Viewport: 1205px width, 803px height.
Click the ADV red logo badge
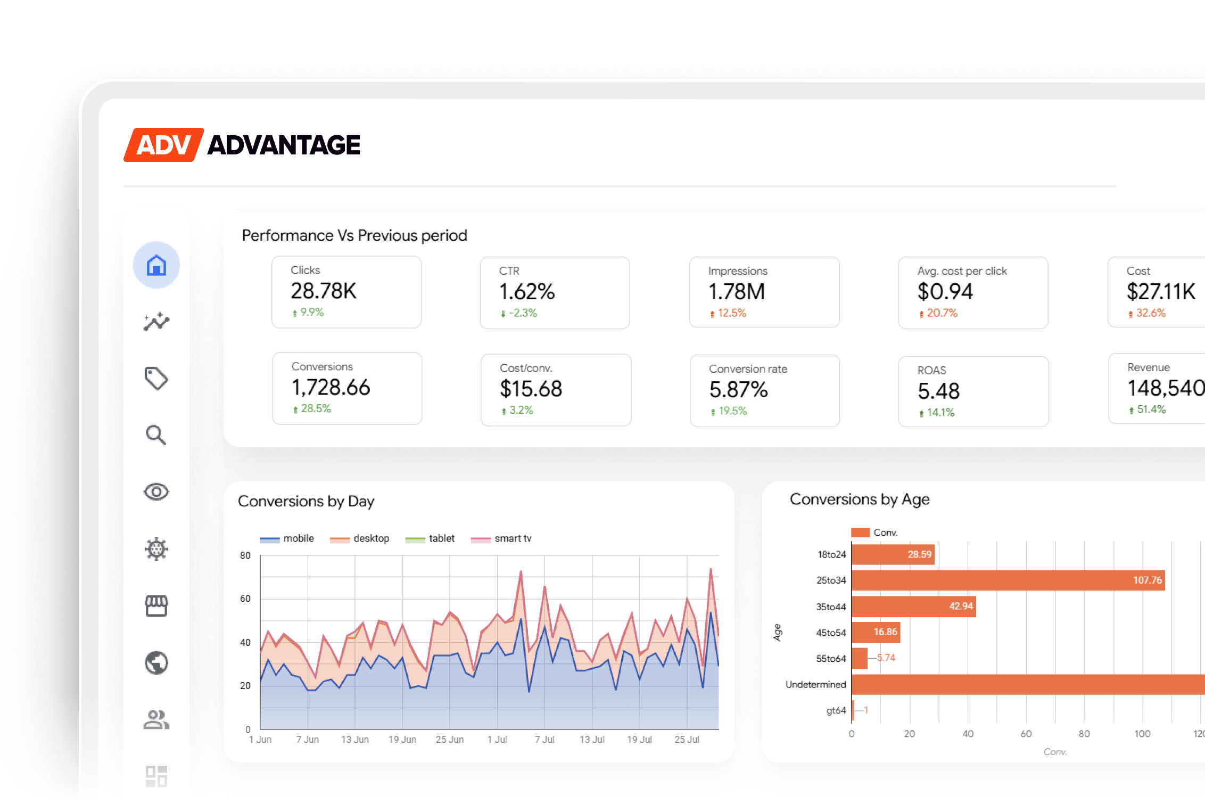[x=163, y=145]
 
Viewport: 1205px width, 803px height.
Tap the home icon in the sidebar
[x=156, y=265]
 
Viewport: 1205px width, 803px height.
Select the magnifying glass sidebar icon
[x=156, y=435]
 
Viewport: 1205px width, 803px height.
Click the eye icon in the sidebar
[x=156, y=491]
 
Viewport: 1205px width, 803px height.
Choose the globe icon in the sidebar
[x=156, y=663]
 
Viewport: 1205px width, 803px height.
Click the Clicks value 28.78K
[x=324, y=291]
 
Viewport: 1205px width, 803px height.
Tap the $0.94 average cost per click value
[x=945, y=291]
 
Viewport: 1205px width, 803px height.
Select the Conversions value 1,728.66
[x=331, y=387]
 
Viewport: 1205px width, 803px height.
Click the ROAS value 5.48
[x=938, y=391]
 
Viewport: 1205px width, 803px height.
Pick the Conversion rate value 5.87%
[x=739, y=390]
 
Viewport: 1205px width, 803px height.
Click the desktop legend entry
[x=360, y=538]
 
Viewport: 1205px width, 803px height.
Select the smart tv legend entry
[x=501, y=538]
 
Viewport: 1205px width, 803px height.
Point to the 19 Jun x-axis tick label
[x=402, y=740]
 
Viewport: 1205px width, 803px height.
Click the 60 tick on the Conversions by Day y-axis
[x=245, y=599]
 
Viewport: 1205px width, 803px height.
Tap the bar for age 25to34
[x=1008, y=580]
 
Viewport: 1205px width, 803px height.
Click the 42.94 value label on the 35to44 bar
[x=961, y=607]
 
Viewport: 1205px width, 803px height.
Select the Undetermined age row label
[x=816, y=684]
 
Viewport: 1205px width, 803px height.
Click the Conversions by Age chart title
[x=860, y=499]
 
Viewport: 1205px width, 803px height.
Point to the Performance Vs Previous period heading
[x=354, y=235]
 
